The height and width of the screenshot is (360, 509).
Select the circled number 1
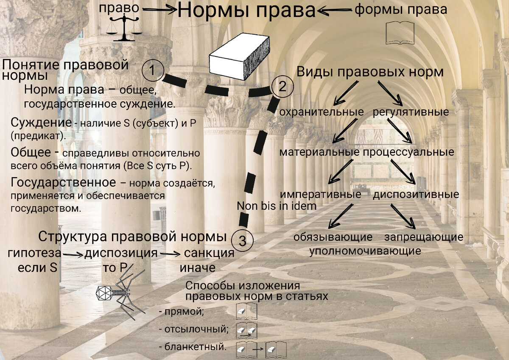click(x=153, y=70)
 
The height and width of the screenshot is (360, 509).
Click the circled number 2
click(x=282, y=87)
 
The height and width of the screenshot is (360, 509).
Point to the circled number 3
click(x=243, y=241)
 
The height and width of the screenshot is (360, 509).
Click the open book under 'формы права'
click(x=400, y=33)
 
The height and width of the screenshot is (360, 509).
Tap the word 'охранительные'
click(x=322, y=112)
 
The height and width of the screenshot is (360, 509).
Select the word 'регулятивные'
click(x=411, y=112)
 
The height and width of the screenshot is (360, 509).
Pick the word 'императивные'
click(x=320, y=195)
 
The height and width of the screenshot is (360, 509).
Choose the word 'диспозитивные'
click(x=416, y=195)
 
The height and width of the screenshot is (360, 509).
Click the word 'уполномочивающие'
click(x=365, y=251)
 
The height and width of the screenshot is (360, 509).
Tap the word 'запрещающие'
click(x=424, y=237)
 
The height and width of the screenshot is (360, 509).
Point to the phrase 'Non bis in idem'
click(x=277, y=206)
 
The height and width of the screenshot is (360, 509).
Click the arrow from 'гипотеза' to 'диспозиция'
click(x=73, y=254)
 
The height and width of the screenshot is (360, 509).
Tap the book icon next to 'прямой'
click(x=246, y=311)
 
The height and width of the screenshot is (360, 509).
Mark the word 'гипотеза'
click(x=34, y=254)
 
